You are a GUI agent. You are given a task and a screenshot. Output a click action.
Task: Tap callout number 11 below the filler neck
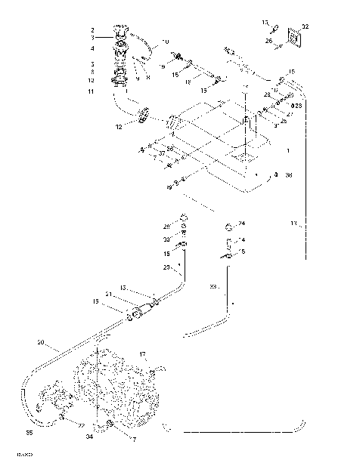pos(92,91)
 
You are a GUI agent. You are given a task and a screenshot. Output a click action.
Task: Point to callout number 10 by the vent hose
pos(166,41)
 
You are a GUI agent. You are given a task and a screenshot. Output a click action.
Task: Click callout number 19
pos(162,67)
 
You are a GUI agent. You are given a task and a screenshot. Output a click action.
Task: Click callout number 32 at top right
pos(305,26)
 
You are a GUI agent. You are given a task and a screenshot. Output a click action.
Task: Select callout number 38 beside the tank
pos(288,175)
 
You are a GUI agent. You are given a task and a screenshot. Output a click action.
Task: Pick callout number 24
pos(242,224)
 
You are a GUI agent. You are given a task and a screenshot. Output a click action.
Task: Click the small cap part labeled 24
pos(228,225)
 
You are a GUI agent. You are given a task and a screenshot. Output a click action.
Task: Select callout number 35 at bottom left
pos(29,434)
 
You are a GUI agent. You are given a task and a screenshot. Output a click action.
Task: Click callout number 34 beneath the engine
pos(88,436)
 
